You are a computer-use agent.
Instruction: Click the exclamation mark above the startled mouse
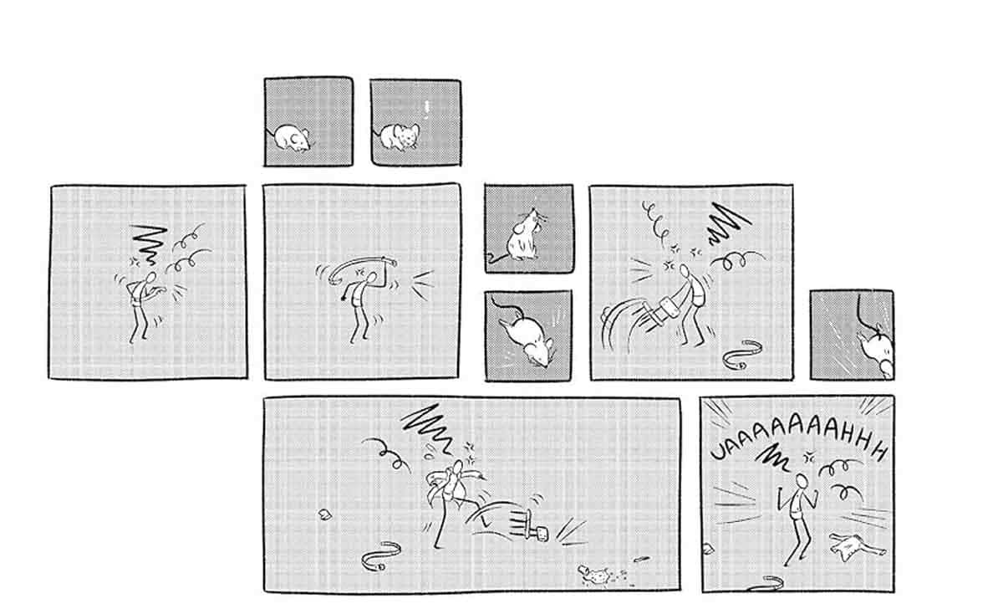427,110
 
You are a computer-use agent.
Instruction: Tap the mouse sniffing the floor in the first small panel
290,138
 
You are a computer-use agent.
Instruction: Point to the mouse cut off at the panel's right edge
876,352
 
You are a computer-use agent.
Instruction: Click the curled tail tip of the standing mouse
494,258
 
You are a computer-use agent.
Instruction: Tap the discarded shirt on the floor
855,546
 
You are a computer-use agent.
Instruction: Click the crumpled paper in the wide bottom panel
324,514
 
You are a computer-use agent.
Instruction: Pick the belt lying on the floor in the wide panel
379,556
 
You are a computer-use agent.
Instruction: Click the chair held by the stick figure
662,311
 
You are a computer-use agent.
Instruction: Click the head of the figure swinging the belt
371,278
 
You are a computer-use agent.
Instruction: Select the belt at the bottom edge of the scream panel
766,583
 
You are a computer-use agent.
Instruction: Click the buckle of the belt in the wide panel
381,567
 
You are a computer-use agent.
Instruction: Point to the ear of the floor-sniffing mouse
304,134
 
